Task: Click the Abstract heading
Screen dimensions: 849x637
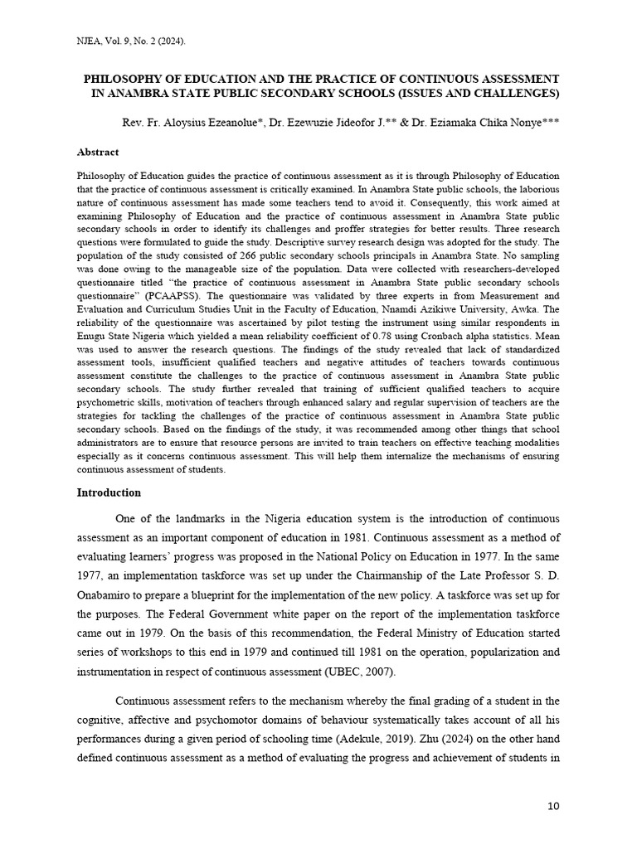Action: pos(98,153)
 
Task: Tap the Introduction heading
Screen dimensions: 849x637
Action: pos(109,492)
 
